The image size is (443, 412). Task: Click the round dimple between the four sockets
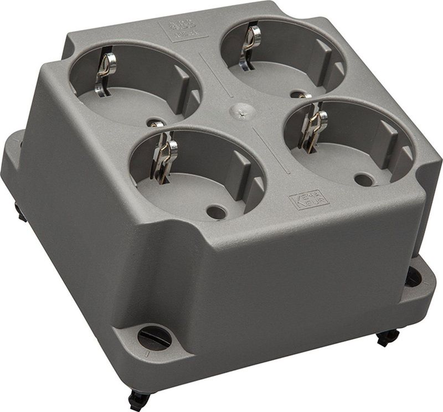[238, 109]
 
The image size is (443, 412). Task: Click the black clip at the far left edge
[20, 212]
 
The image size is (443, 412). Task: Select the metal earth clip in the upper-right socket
[249, 45]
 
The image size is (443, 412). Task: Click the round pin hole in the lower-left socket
[217, 212]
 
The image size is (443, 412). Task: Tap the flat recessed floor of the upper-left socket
[127, 105]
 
